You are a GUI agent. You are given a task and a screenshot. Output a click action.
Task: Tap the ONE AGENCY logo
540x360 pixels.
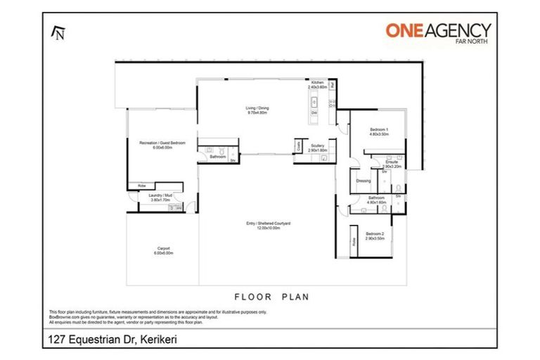437,30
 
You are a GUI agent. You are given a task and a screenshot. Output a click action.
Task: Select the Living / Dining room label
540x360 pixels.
257,110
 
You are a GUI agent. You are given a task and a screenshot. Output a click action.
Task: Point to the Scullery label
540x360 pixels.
317,148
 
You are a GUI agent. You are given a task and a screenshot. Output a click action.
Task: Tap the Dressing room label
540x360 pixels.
364,181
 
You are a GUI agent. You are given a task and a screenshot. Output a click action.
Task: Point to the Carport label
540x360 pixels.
163,250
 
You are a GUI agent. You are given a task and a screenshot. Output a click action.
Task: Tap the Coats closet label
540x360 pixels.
298,148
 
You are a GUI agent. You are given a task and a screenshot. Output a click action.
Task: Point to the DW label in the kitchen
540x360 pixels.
314,112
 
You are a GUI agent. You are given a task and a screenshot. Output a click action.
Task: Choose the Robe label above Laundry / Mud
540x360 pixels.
141,186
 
